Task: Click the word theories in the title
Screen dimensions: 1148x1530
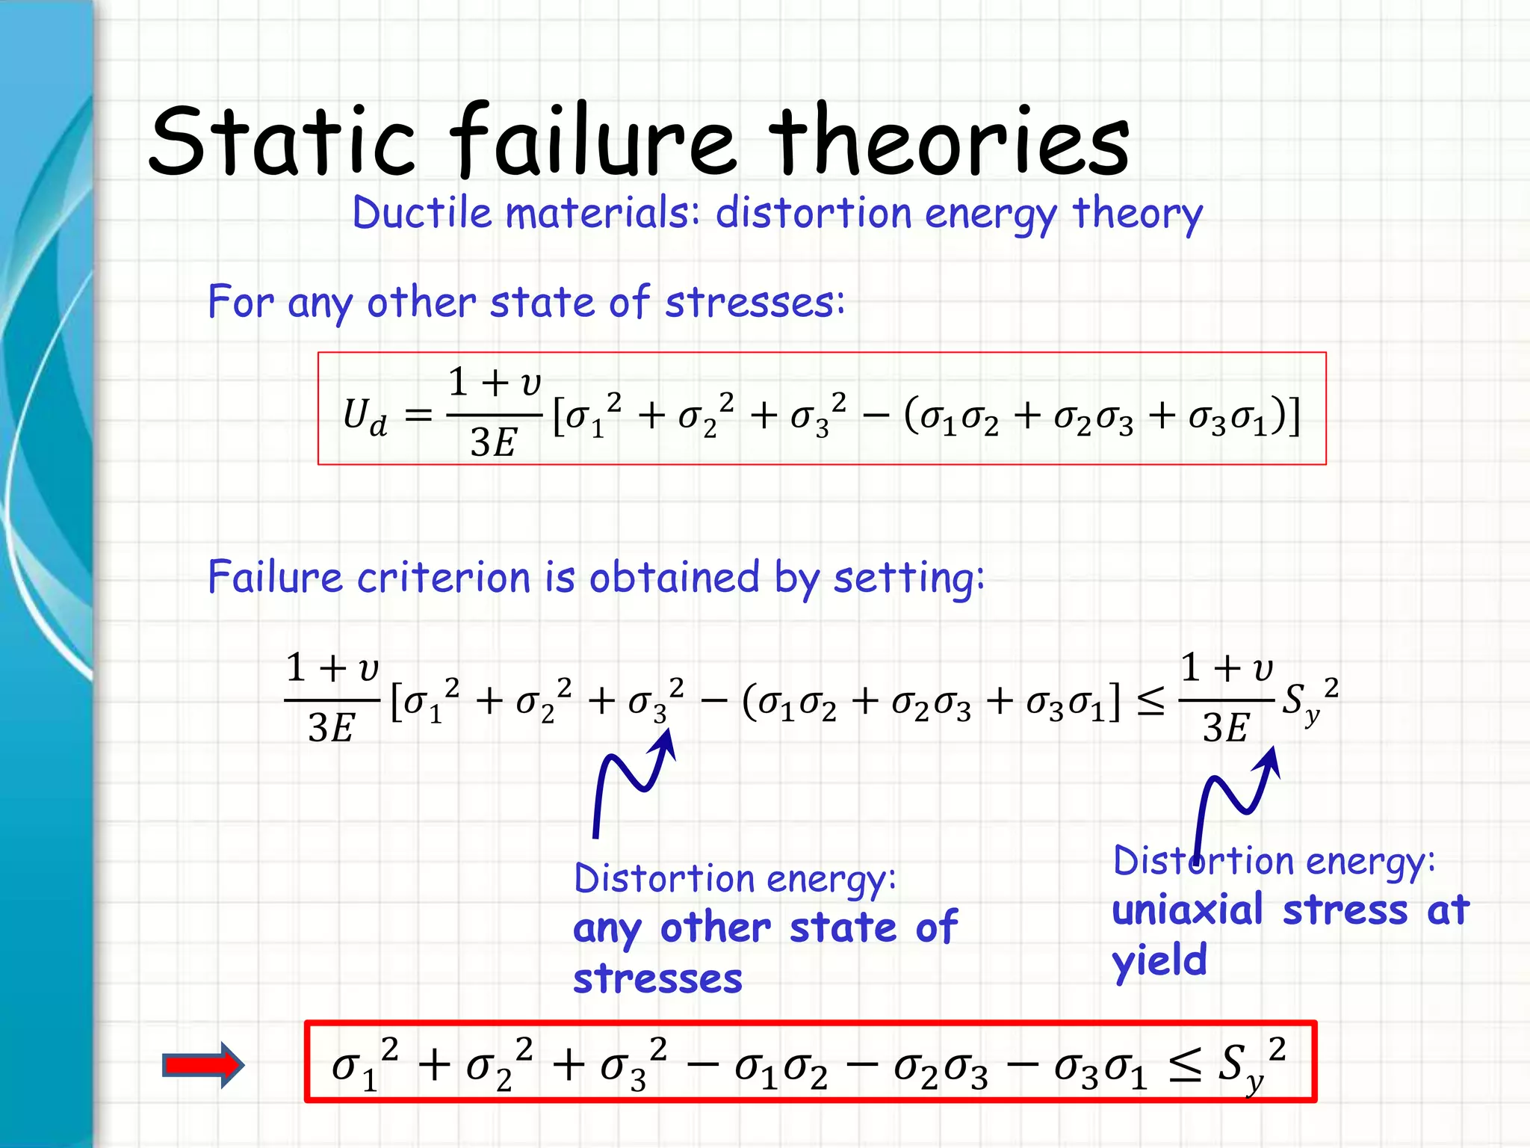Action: [x=949, y=142]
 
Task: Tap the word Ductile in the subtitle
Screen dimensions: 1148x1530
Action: [x=422, y=213]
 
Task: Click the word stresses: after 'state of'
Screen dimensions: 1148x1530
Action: [x=755, y=303]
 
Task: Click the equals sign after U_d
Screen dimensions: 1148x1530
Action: [x=418, y=416]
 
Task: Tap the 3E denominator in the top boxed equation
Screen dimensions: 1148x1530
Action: [x=493, y=442]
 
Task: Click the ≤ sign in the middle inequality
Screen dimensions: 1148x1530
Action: [x=1150, y=702]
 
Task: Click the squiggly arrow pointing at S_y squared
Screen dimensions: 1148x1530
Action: [x=1236, y=800]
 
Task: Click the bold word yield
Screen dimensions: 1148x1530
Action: [x=1159, y=960]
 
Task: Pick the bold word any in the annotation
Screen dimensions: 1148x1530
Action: [x=607, y=930]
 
